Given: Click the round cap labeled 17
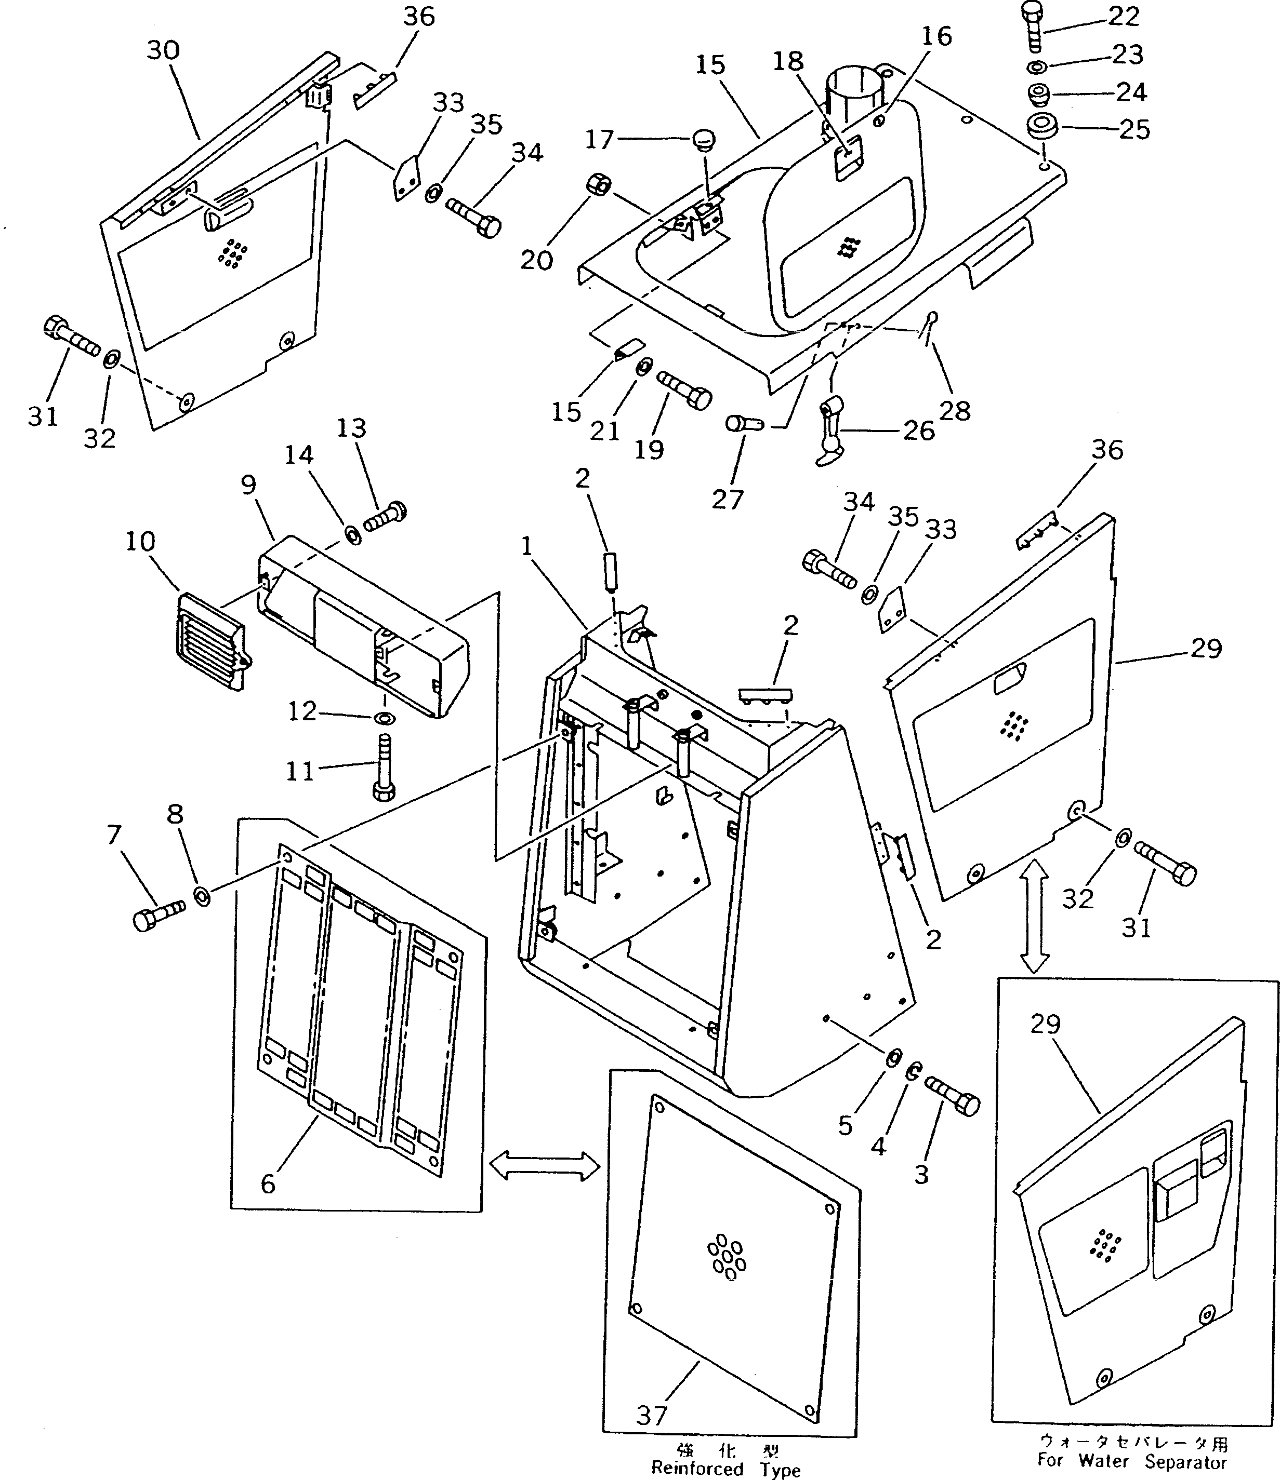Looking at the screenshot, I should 703,138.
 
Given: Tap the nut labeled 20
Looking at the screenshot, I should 599,186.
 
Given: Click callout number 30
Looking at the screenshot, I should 163,50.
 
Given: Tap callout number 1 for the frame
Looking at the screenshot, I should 527,546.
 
